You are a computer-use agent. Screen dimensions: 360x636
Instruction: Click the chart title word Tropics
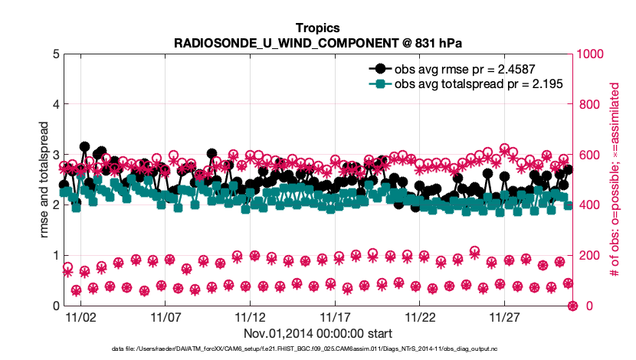pos(318,28)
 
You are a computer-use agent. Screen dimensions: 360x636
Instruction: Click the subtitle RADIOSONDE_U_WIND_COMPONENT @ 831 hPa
pos(318,43)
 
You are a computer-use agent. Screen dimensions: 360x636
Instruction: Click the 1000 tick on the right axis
pos(592,54)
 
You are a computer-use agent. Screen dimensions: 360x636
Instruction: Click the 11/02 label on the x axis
pos(80,316)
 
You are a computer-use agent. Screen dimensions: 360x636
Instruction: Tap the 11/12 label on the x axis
pos(250,316)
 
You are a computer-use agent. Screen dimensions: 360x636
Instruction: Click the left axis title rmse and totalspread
pos(32,180)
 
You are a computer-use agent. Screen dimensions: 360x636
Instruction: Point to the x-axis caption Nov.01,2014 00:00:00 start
pos(318,333)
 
